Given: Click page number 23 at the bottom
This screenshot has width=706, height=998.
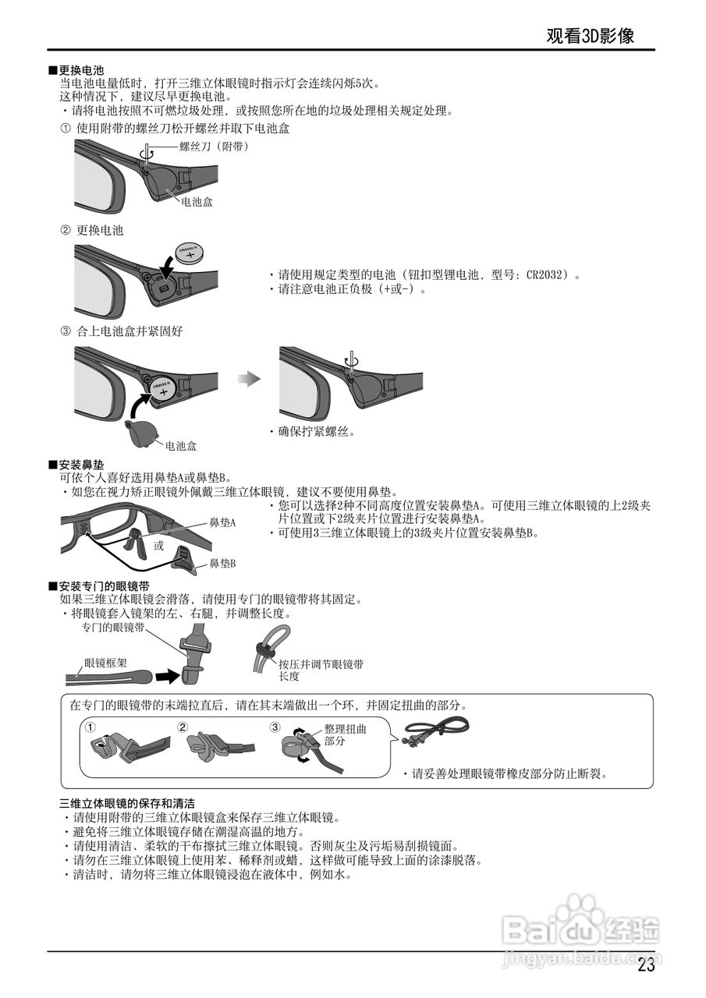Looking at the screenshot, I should (x=646, y=964).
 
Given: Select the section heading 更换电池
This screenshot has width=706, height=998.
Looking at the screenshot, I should (x=81, y=71).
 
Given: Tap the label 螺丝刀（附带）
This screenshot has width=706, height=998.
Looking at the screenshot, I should (x=214, y=146).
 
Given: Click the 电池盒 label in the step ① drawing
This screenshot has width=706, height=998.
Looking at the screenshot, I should (x=197, y=201).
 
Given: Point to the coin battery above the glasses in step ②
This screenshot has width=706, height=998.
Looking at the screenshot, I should (x=190, y=253).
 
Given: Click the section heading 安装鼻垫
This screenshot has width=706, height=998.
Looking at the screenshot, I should (x=81, y=465).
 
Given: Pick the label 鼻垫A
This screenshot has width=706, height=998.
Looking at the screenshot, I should (x=222, y=522).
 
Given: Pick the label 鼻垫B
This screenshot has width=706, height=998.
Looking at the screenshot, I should (x=222, y=563).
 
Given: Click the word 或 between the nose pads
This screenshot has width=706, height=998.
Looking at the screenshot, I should (x=158, y=546).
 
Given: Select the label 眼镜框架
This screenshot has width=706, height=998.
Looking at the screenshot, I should (x=106, y=664).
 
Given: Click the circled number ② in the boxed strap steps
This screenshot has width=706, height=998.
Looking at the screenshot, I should (x=183, y=727).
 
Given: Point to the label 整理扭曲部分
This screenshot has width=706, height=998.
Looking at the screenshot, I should (x=345, y=734).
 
